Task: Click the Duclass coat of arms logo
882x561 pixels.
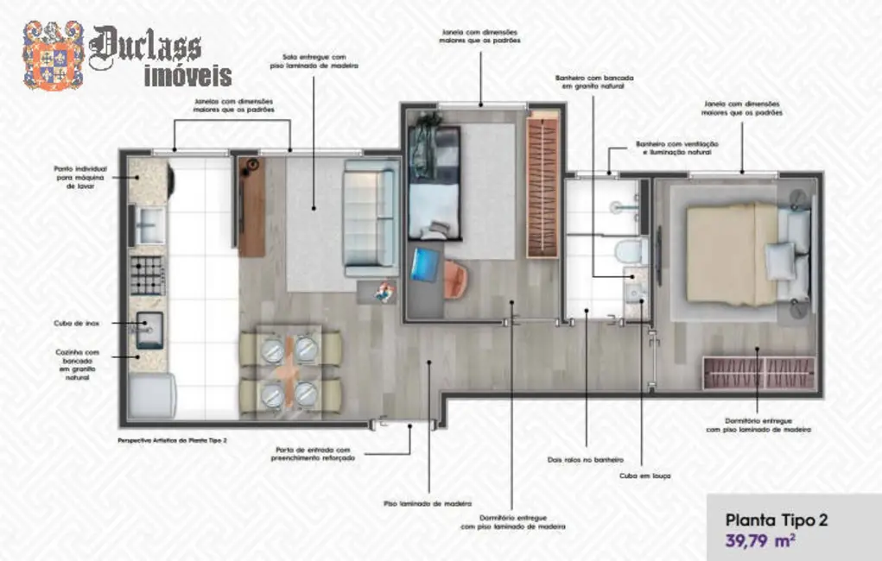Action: (x=53, y=56)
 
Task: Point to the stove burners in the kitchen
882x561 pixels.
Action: (x=147, y=275)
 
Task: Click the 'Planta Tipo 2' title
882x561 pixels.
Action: (x=776, y=520)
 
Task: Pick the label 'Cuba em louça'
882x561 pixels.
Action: (x=645, y=476)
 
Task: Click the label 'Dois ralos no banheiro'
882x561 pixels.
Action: (x=585, y=460)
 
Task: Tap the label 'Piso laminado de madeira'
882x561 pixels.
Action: (x=428, y=502)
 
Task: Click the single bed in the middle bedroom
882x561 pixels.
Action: (x=434, y=183)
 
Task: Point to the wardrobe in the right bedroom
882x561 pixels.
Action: (x=758, y=373)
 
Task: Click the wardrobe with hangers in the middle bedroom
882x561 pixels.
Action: (x=543, y=186)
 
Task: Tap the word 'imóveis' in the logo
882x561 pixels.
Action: (x=187, y=75)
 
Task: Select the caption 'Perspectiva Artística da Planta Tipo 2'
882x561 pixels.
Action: (x=172, y=439)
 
